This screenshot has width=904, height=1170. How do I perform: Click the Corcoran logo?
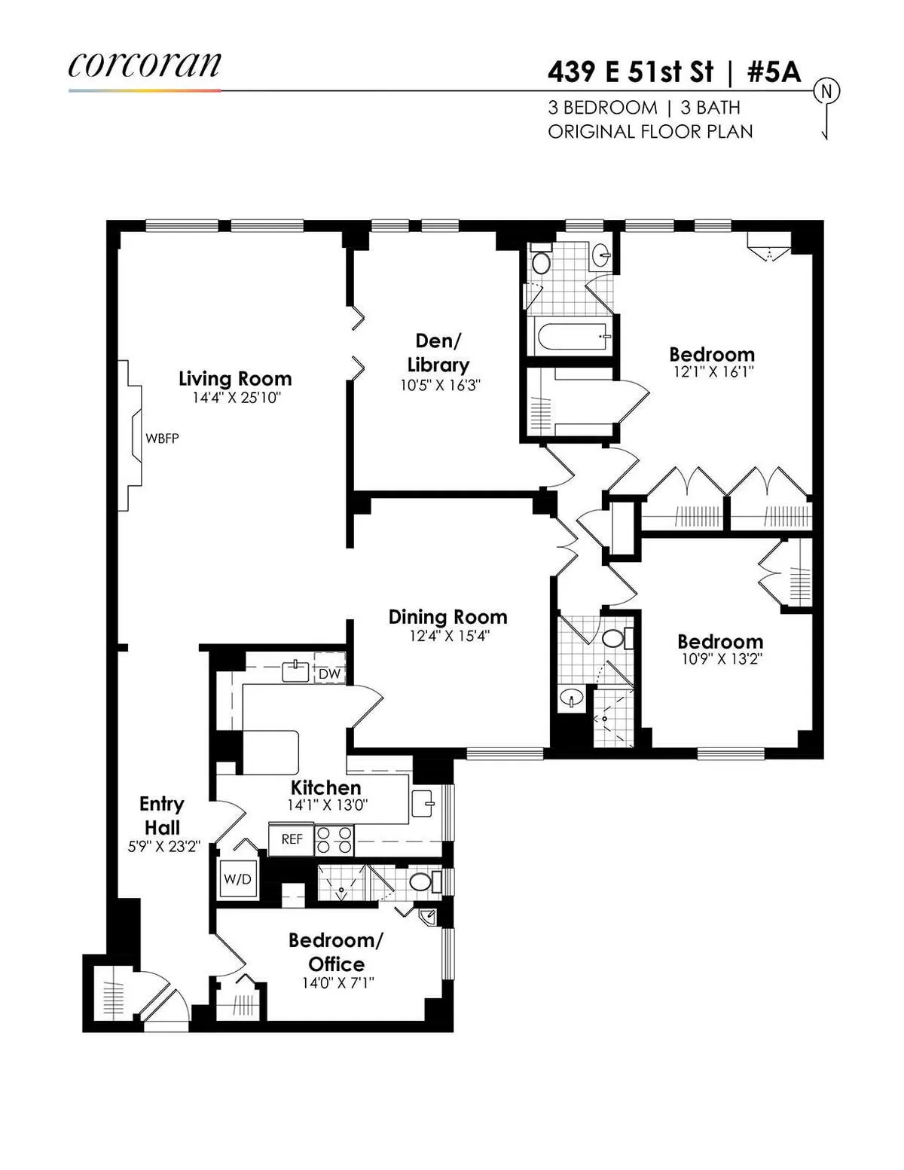tap(144, 66)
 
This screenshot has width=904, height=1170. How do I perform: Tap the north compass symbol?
tap(826, 92)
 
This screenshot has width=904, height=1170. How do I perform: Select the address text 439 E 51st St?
tap(630, 72)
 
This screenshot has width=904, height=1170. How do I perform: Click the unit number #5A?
tap(773, 72)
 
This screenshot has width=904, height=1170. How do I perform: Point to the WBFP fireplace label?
tap(162, 438)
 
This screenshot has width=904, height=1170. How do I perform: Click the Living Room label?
tap(235, 379)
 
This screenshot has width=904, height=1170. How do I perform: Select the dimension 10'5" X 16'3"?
tap(440, 385)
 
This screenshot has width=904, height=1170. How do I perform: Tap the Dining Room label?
tap(447, 617)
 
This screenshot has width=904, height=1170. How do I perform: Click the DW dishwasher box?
tap(329, 674)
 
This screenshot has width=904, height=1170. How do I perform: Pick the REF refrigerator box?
tap(292, 839)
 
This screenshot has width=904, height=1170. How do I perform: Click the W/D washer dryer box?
tap(237, 879)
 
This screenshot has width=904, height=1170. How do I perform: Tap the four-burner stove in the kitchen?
tap(334, 839)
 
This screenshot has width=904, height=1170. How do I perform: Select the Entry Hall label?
tap(162, 815)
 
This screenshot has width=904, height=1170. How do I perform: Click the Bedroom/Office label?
tap(336, 952)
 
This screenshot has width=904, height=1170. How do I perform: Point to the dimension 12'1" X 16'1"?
tap(712, 371)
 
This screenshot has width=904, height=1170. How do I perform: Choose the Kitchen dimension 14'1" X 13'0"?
tap(326, 805)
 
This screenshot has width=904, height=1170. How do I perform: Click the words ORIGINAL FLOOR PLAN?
tap(650, 131)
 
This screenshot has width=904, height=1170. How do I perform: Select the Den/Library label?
tap(438, 353)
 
